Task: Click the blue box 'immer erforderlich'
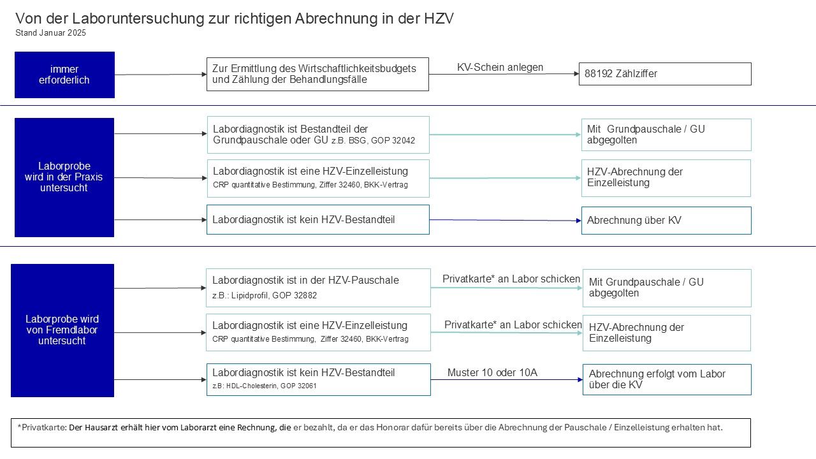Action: (64, 75)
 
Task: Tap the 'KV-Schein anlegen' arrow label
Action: (500, 67)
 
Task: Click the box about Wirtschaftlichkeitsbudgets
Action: (317, 74)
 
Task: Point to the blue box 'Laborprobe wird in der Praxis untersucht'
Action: (64, 177)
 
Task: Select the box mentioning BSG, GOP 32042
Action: (318, 135)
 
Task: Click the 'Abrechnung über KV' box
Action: (666, 221)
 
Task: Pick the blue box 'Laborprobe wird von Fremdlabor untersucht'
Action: (62, 330)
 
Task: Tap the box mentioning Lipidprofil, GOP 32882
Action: (318, 288)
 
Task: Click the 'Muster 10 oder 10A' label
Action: (492, 372)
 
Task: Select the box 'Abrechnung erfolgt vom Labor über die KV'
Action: (667, 379)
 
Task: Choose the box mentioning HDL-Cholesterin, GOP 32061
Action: (318, 379)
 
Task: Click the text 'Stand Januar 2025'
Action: (50, 33)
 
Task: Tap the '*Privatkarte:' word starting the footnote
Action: (41, 427)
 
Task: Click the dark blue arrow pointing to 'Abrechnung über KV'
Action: (505, 221)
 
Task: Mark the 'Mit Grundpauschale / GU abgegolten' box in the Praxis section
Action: (666, 135)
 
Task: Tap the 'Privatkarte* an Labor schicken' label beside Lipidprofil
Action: (511, 279)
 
